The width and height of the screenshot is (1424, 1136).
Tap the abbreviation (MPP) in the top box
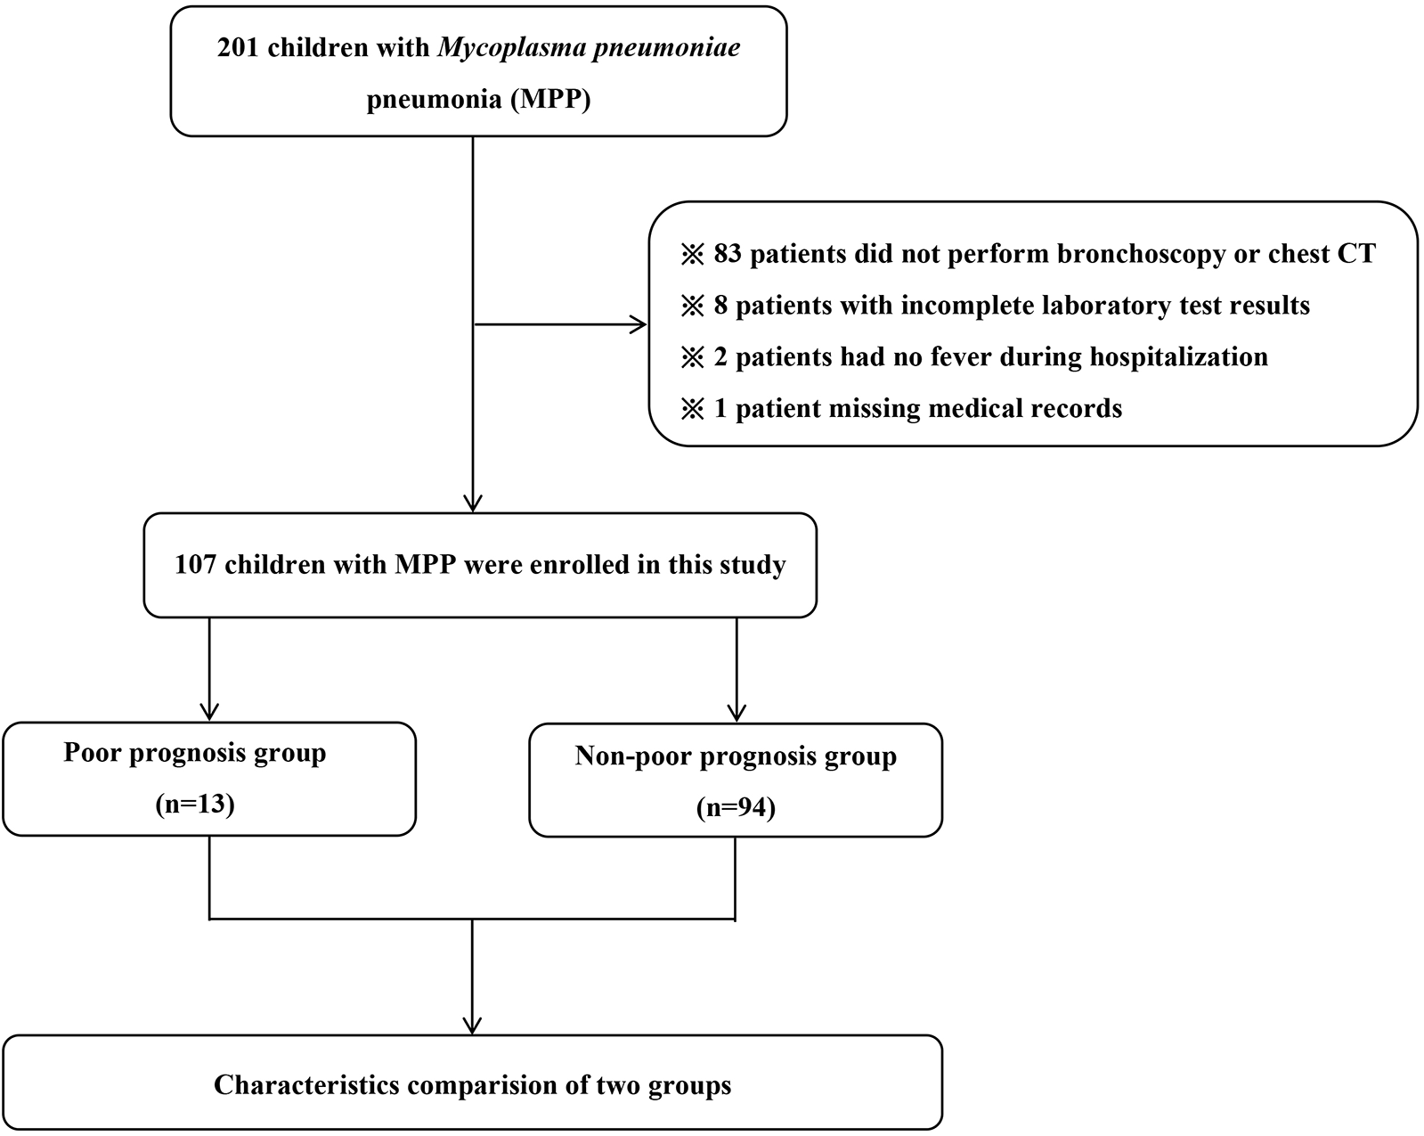coord(549,99)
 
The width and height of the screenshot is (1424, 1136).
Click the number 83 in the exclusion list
coord(728,254)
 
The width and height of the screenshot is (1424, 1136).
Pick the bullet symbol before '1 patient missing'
coord(692,409)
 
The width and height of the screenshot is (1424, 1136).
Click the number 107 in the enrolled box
coord(195,565)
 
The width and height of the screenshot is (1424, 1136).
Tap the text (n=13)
coord(195,805)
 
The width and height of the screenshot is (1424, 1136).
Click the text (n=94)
coord(736,807)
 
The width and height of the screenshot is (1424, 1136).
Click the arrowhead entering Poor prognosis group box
coord(209,713)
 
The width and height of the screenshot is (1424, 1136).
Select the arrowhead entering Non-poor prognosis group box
coord(736,713)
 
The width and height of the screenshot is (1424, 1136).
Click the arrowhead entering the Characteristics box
coord(472,1025)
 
